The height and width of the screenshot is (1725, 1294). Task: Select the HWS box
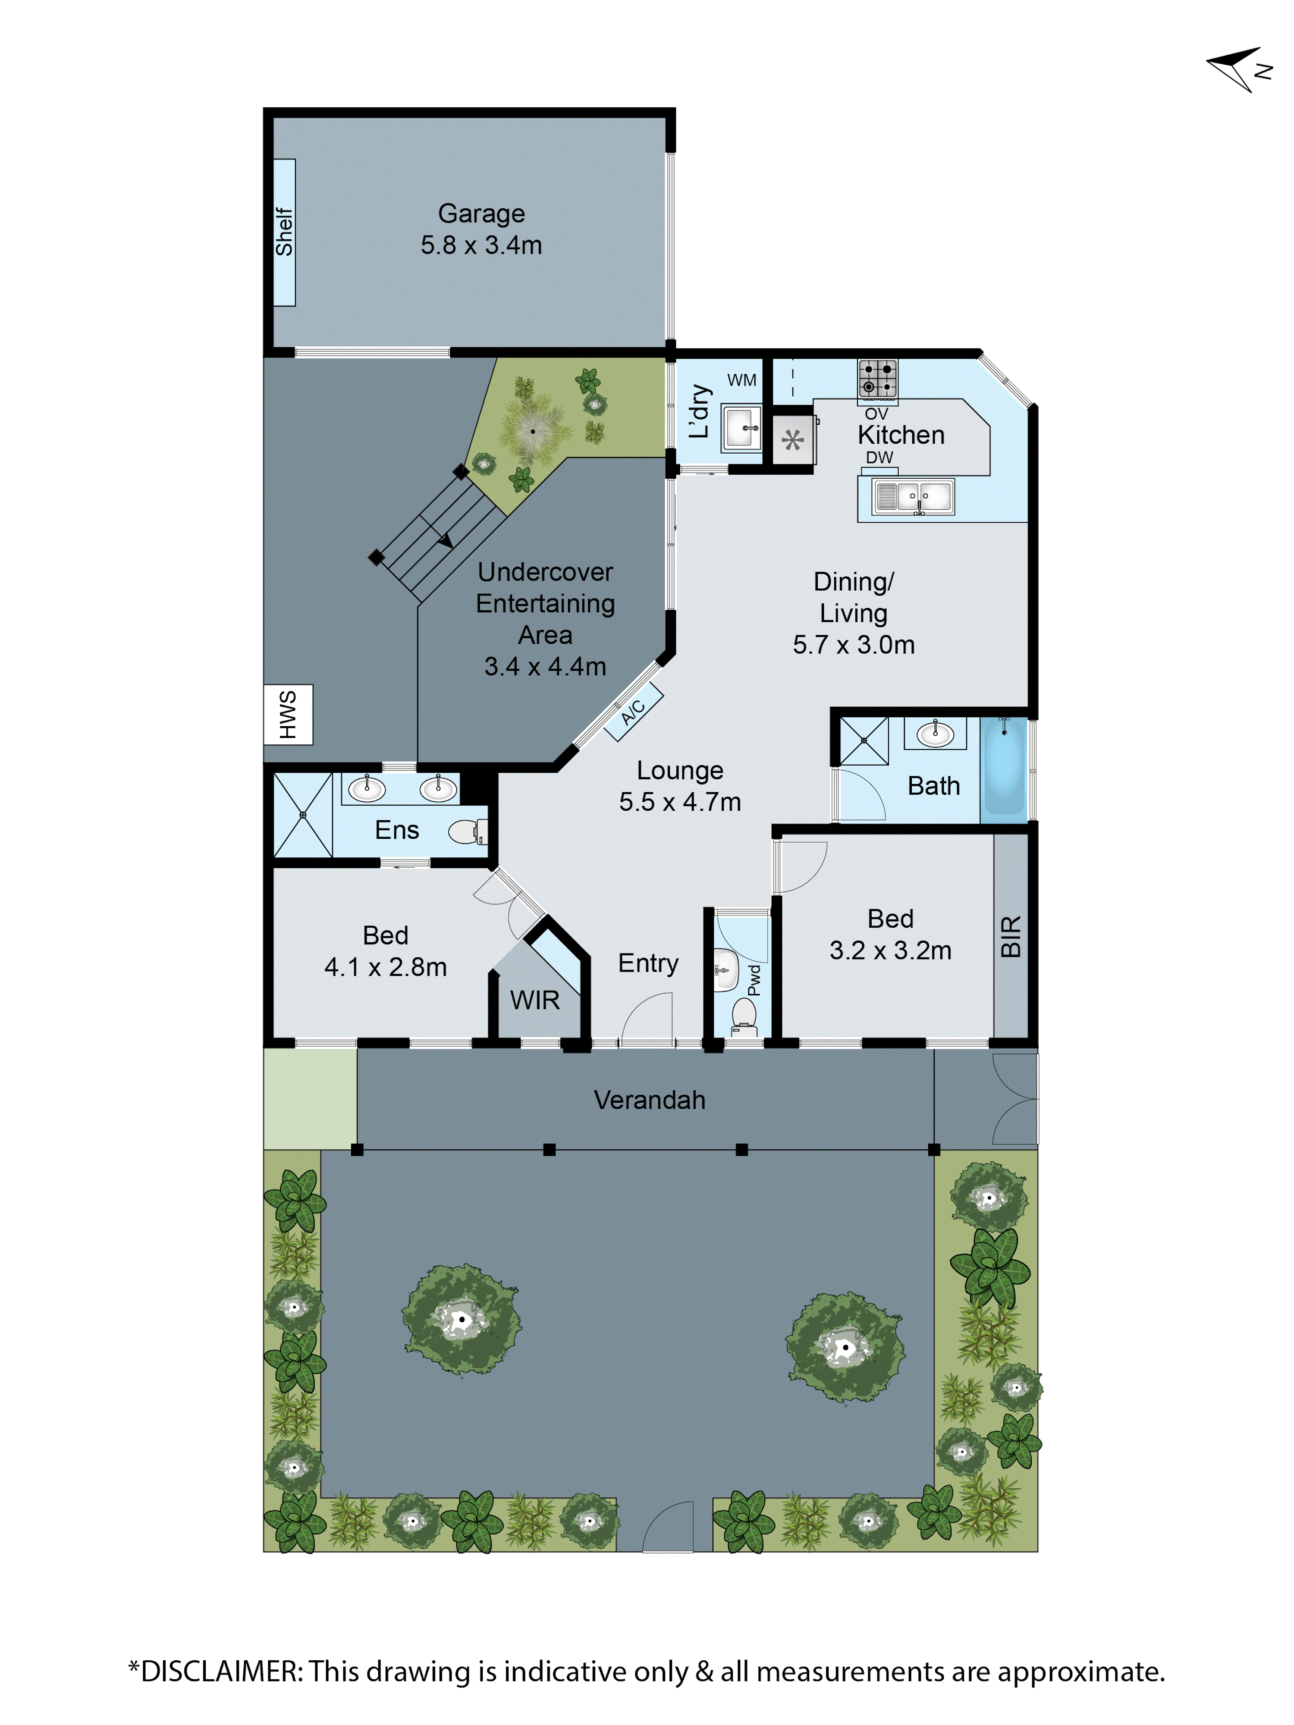(288, 714)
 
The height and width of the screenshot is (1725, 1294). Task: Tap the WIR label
(535, 1000)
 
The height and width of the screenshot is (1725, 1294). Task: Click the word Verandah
(649, 1100)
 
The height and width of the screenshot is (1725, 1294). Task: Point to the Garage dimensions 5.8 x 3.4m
(481, 245)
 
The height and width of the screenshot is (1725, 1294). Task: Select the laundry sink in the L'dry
(741, 427)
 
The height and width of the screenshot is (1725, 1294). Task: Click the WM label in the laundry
(742, 380)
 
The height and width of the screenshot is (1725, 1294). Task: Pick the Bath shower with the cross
(864, 740)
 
